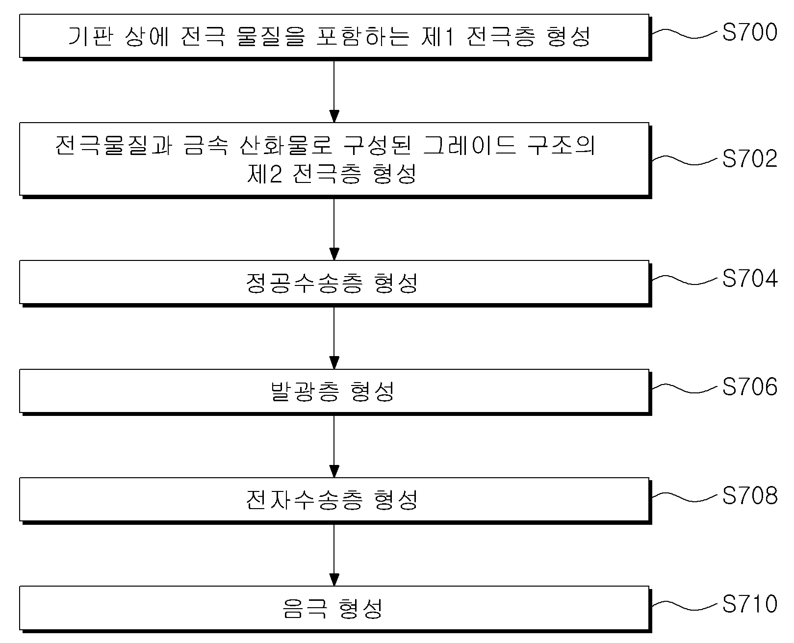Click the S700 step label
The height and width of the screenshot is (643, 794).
(750, 32)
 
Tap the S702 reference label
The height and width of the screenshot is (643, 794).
(750, 158)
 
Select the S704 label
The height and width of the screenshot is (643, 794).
(750, 278)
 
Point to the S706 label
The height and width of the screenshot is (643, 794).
(750, 386)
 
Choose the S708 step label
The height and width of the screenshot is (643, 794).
(750, 495)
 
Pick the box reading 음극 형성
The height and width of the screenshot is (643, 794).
(334, 608)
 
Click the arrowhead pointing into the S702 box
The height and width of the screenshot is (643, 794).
(334, 116)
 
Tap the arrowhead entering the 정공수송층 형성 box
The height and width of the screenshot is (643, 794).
(334, 254)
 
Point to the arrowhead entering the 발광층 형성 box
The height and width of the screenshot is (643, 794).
(334, 362)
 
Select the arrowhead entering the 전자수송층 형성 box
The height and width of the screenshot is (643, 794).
(334, 471)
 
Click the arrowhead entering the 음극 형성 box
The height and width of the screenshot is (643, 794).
(334, 580)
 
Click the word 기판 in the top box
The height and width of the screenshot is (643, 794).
(91, 36)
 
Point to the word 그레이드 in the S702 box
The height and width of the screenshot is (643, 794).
(470, 145)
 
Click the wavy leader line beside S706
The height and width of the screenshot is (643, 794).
(685, 388)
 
